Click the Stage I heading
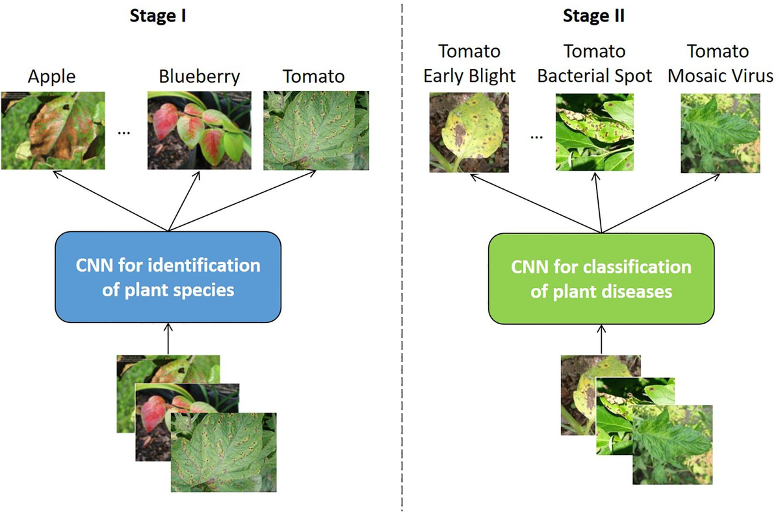156,16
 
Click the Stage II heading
593,16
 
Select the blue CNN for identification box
168,277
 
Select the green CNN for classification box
601,278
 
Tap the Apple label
51,76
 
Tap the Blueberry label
199,76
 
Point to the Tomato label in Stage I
313,76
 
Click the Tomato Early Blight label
469,63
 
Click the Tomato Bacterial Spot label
594,63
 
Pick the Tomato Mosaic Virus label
720,63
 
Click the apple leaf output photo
53,130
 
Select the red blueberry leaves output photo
200,130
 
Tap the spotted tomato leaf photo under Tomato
314,130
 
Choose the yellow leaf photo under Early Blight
469,133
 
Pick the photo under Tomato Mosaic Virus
720,133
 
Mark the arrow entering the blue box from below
168,338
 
